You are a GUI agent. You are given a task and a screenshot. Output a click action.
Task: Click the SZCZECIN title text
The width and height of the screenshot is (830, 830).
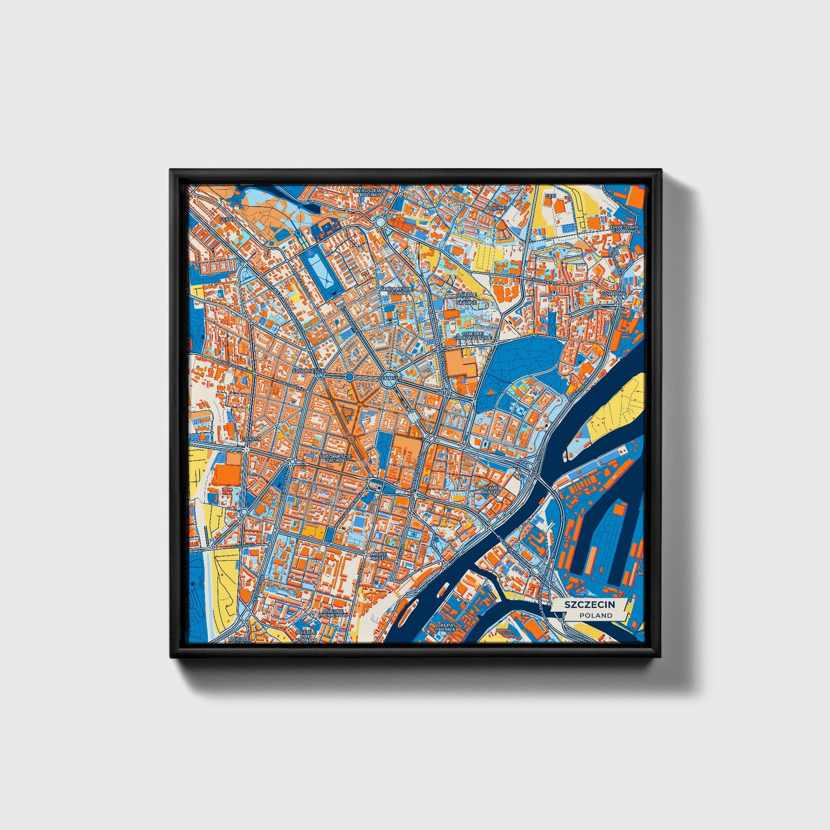pos(589,605)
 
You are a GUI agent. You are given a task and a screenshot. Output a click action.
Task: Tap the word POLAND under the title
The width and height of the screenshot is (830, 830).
pos(596,616)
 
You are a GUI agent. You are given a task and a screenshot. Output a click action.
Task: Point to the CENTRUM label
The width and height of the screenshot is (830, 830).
pos(389,378)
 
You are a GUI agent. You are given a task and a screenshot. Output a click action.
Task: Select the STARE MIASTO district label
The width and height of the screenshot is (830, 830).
pos(492,490)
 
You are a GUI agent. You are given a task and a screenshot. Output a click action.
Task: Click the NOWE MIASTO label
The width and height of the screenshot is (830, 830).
pos(378,555)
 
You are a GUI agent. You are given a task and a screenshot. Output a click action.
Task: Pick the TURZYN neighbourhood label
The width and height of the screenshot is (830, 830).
pos(252,439)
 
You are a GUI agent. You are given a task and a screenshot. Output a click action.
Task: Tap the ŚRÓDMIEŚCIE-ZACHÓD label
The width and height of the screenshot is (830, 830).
pos(333,458)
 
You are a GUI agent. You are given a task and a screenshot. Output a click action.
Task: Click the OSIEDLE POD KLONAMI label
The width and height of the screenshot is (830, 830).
pos(306,635)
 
